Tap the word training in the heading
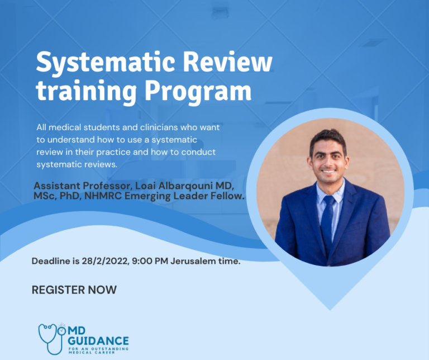point(75,92)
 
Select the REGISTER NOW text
point(74,290)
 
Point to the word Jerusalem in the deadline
point(196,261)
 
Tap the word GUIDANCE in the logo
point(98,340)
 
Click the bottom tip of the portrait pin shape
point(330,308)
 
